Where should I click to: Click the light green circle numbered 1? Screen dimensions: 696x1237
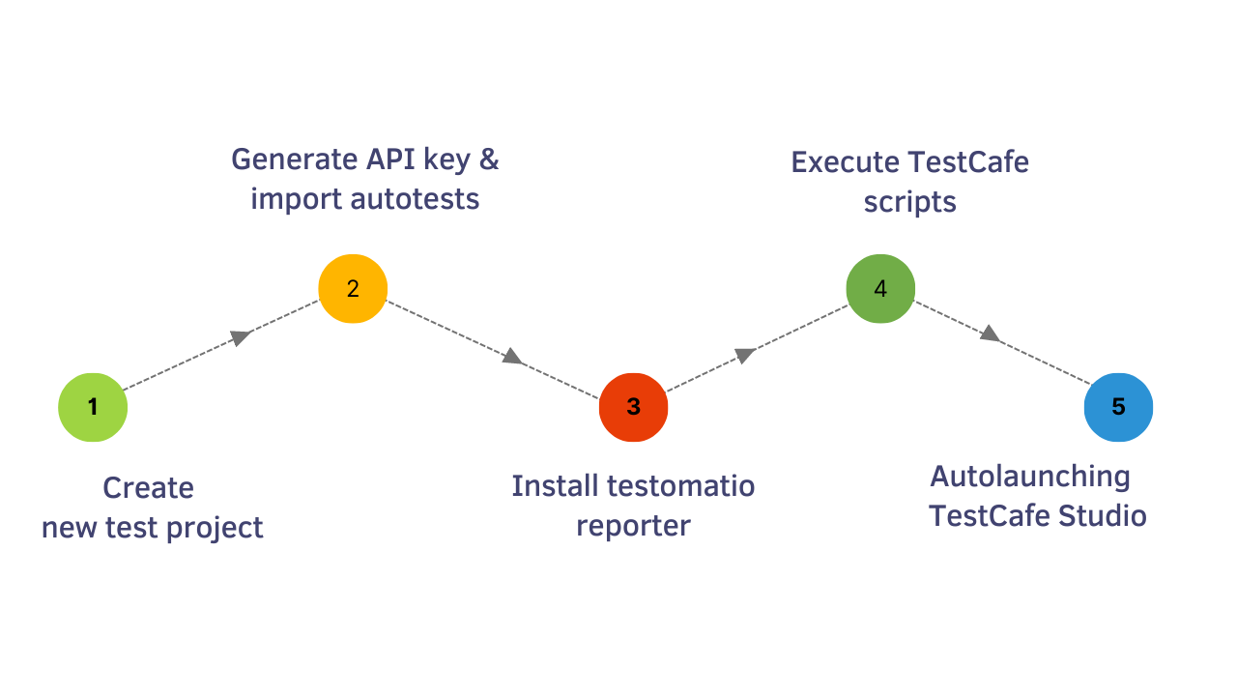pyautogui.click(x=93, y=407)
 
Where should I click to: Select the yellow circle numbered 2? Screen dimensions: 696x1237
pyautogui.click(x=353, y=288)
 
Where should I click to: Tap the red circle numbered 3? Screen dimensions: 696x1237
pyautogui.click(x=633, y=407)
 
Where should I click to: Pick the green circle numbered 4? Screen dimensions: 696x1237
pyautogui.click(x=880, y=289)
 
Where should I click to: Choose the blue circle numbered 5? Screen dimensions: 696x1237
pyautogui.click(x=1118, y=407)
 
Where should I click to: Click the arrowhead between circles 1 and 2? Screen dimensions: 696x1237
pyautogui.click(x=241, y=336)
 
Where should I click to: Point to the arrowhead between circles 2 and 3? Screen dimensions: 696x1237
pyautogui.click(x=512, y=357)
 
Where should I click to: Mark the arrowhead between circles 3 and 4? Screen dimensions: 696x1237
pyautogui.click(x=744, y=355)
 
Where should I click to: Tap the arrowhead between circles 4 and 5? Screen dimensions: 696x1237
pyautogui.click(x=989, y=333)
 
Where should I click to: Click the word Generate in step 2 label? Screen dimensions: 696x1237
pyautogui.click(x=294, y=159)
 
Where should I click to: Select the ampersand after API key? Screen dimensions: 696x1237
pyautogui.click(x=489, y=159)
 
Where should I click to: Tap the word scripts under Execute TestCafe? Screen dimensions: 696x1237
pyautogui.click(x=909, y=202)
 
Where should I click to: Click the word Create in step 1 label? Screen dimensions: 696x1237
pyautogui.click(x=148, y=488)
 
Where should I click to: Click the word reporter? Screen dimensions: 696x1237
pyautogui.click(x=633, y=526)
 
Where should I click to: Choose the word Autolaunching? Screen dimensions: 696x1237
pyautogui.click(x=1030, y=477)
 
